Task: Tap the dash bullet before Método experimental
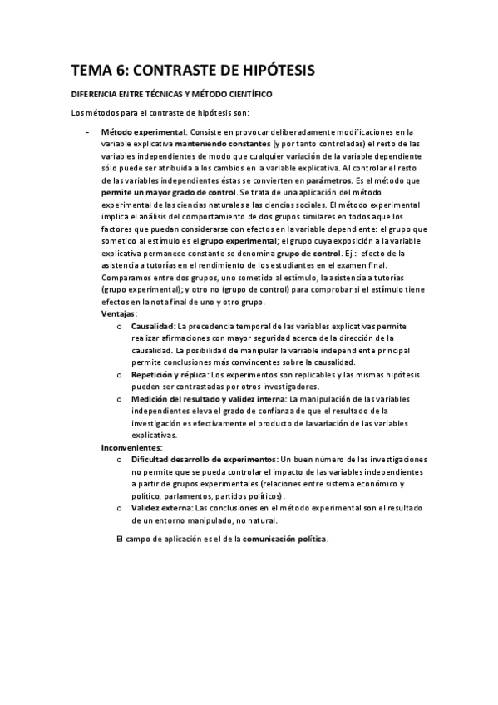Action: coord(87,131)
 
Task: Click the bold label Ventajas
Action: coord(120,313)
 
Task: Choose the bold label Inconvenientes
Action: coord(131,446)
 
